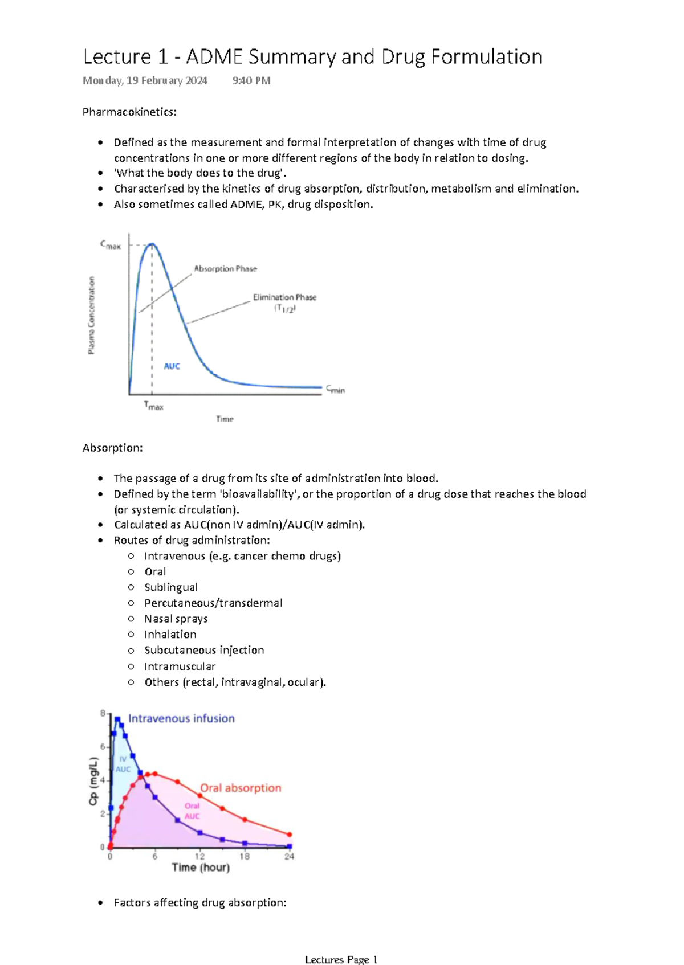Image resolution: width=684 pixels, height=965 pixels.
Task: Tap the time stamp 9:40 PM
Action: click(251, 81)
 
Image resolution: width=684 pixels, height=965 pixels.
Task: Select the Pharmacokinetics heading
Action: click(129, 112)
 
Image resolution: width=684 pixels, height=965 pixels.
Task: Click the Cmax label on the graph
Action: click(111, 246)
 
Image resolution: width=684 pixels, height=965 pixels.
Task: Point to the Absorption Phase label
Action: click(225, 268)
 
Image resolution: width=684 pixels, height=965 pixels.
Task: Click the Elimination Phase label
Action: click(284, 297)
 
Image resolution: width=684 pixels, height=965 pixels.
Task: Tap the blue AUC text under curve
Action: click(172, 366)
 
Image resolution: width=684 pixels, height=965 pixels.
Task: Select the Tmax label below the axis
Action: click(153, 406)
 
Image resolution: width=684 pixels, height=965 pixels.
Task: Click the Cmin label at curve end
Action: click(335, 390)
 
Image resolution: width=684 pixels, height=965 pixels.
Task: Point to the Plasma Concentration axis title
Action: click(91, 315)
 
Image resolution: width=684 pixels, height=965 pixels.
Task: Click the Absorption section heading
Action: click(112, 448)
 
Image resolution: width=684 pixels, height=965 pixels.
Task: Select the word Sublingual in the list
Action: click(170, 587)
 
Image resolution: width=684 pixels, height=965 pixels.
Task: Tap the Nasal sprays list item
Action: click(176, 619)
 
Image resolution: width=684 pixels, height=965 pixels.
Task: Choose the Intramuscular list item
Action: click(180, 666)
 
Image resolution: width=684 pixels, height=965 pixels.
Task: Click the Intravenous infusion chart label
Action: click(181, 718)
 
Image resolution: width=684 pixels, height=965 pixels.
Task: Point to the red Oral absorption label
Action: click(241, 788)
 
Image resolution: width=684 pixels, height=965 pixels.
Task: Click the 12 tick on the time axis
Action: click(199, 856)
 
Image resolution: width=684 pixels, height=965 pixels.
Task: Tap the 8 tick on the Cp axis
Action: click(103, 713)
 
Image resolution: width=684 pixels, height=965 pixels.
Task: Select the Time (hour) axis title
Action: click(201, 868)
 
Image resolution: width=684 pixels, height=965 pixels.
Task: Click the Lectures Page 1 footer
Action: click(341, 960)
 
